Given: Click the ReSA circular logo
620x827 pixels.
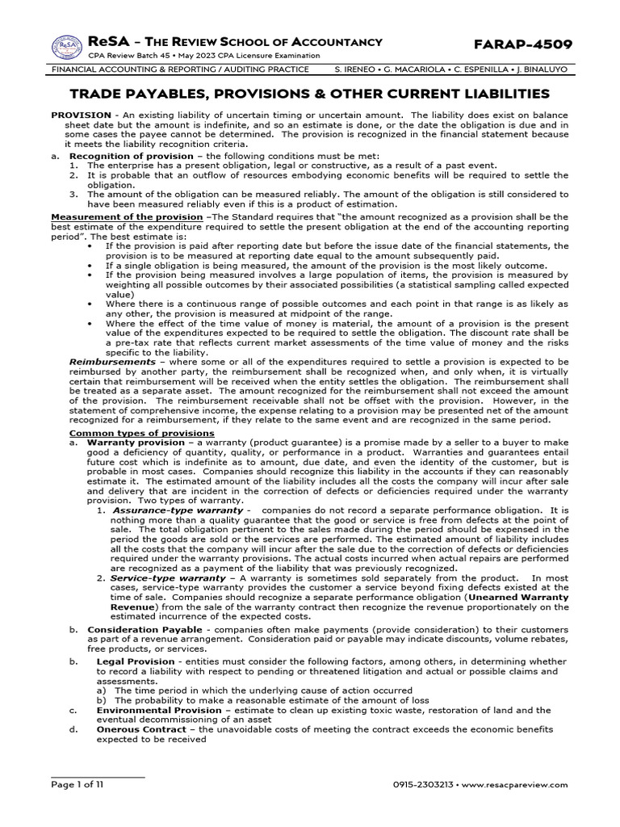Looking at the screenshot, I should (67, 47).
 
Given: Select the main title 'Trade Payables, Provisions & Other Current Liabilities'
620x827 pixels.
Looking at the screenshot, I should (310, 94).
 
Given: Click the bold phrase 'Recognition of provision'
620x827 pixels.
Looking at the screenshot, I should (131, 155).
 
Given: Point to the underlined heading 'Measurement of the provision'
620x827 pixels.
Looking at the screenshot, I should (127, 217).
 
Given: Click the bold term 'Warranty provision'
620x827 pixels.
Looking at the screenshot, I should (132, 443).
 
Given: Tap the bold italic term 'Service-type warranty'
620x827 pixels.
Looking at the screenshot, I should (167, 578).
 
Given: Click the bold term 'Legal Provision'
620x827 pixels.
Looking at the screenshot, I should (135, 661).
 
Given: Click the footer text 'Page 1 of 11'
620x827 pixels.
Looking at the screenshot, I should (77, 784).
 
